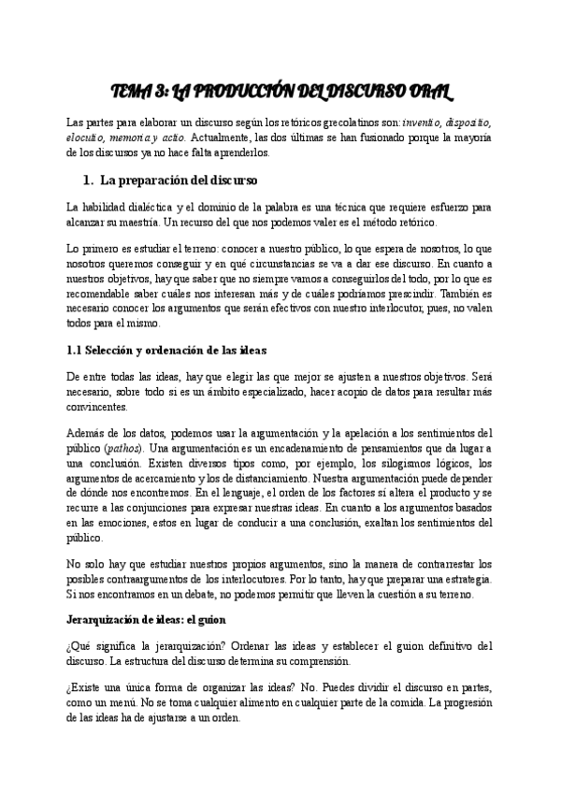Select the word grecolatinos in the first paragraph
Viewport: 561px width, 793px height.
tap(347, 123)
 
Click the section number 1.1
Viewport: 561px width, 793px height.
tap(78, 351)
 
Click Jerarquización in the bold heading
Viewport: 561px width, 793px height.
tap(107, 620)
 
